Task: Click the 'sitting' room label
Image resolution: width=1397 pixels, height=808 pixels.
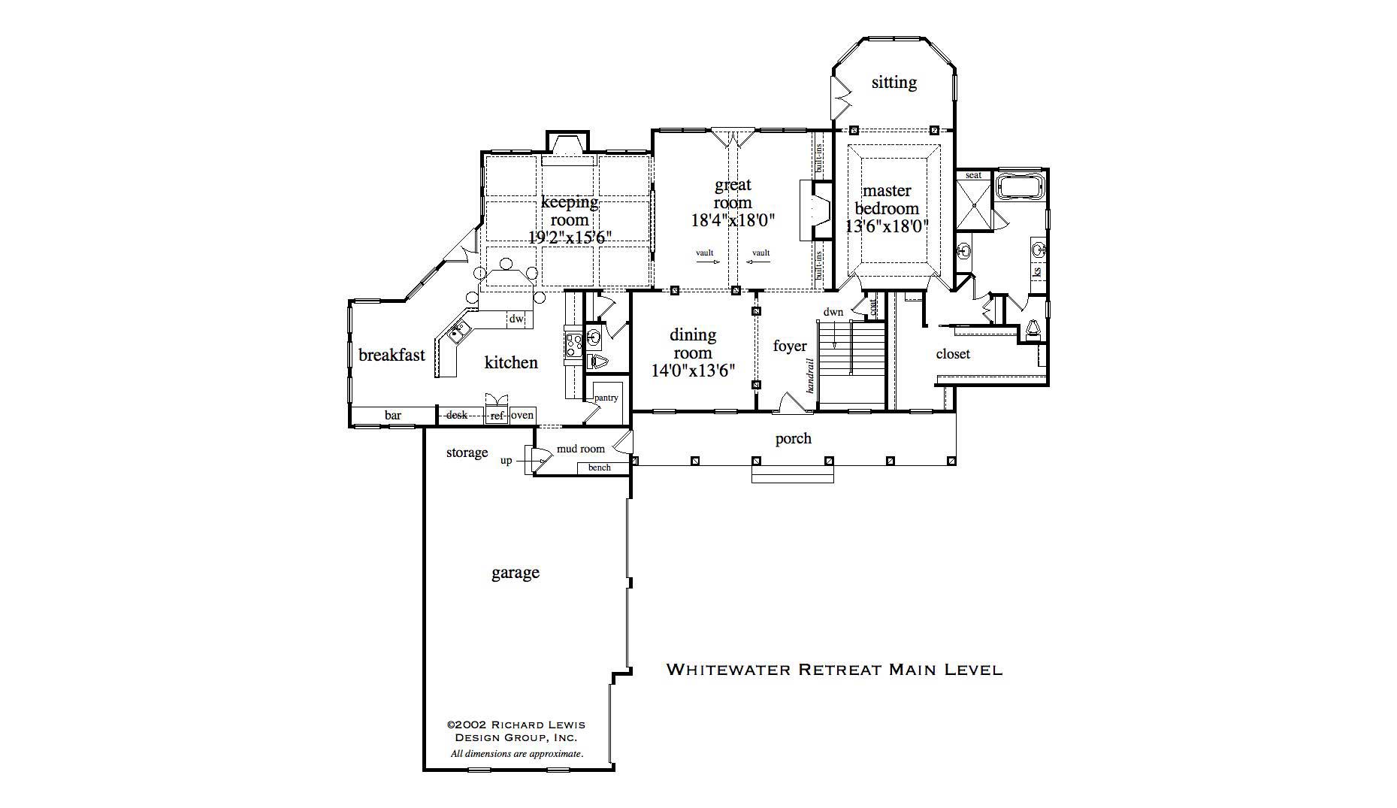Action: tap(894, 82)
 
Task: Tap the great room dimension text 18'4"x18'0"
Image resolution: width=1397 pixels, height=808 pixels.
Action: tap(732, 220)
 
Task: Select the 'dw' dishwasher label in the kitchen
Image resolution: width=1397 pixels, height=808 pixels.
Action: tap(516, 319)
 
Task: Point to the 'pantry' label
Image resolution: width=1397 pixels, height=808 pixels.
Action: tap(606, 398)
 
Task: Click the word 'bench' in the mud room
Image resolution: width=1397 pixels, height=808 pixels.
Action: tap(599, 468)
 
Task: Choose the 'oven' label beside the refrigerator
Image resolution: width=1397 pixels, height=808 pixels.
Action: tap(522, 415)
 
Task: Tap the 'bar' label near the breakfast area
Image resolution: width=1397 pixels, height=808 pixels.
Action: tap(392, 415)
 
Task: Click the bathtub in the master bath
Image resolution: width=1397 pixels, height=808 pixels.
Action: tap(1018, 186)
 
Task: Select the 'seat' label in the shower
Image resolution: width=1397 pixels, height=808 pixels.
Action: tap(973, 175)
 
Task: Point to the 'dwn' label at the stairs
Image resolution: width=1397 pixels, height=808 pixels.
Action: tap(833, 312)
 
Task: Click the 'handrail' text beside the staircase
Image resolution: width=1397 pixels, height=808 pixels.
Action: tap(811, 375)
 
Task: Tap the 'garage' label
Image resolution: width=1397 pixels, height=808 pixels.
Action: tap(515, 573)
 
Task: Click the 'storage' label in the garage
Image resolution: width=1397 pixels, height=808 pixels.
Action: tap(467, 452)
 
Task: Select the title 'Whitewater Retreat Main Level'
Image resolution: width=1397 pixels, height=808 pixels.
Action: tap(834, 669)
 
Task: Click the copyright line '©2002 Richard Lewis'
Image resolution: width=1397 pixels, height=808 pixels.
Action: tap(516, 725)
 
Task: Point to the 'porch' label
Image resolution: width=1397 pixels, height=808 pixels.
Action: tap(793, 438)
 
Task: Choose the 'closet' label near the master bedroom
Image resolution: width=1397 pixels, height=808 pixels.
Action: tap(952, 353)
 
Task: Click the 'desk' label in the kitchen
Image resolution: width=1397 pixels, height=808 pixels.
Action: tap(456, 415)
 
